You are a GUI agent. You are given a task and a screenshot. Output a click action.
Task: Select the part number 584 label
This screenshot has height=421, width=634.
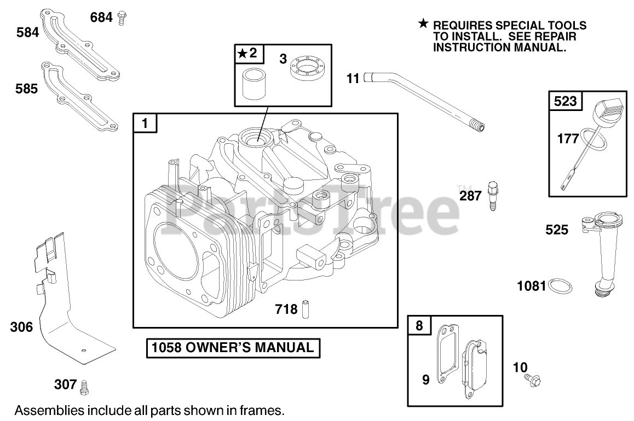[x=27, y=33]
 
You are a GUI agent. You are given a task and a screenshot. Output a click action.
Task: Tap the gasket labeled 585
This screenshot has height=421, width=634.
[x=82, y=95]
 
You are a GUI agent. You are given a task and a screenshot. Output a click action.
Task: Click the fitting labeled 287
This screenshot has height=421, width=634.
[x=492, y=195]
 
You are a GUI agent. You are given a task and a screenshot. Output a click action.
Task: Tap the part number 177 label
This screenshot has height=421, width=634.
[x=568, y=139]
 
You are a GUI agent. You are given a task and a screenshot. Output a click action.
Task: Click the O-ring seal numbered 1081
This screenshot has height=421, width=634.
[x=561, y=285]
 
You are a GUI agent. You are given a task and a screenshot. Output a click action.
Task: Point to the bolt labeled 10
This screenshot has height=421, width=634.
[x=532, y=378]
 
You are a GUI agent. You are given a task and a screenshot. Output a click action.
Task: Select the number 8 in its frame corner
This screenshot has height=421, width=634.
[x=419, y=326]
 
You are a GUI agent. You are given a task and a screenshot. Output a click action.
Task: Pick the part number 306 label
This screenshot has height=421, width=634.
[x=22, y=328]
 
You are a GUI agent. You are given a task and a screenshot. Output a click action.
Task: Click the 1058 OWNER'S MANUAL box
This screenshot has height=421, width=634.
[x=233, y=348]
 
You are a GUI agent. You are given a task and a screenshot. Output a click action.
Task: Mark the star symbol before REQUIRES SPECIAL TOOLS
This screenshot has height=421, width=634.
[x=423, y=24]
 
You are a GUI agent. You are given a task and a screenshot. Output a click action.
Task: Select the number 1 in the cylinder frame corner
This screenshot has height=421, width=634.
[x=145, y=124]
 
